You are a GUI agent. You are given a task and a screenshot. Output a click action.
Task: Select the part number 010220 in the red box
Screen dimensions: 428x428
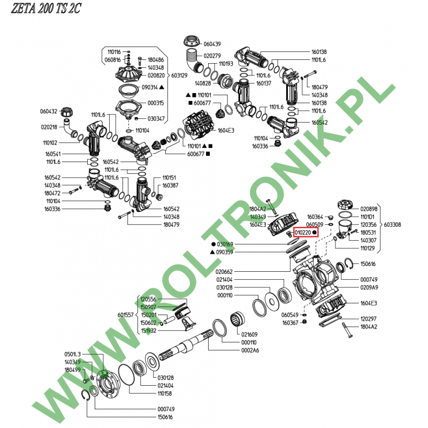click(303, 233)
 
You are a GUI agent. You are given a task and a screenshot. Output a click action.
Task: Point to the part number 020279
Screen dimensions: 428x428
click(212, 56)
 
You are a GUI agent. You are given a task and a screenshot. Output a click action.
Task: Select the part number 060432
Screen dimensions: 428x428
click(49, 112)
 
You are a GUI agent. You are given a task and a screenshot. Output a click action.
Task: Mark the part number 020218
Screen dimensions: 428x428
click(49, 127)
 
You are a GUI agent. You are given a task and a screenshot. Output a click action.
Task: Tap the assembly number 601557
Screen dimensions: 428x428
click(126, 315)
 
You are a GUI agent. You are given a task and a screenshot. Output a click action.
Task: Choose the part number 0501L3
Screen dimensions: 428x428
click(72, 354)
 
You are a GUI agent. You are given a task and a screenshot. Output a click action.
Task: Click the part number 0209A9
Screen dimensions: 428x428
click(369, 287)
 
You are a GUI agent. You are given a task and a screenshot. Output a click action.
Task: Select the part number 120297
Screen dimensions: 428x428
click(369, 319)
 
